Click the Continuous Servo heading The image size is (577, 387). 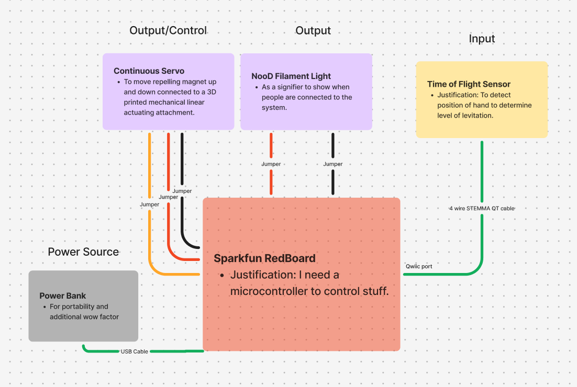pos(149,71)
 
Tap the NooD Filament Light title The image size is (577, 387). pos(291,76)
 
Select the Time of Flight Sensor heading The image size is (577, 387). pos(469,84)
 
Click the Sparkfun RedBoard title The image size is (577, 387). pos(264,258)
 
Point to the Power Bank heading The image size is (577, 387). pos(63,296)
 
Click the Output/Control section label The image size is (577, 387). pos(168,30)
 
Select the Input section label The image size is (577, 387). pos(482,39)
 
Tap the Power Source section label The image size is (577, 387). pos(83,252)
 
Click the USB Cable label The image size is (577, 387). pos(135,351)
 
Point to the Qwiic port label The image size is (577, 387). pos(419,266)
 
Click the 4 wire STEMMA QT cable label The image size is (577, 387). pos(482,208)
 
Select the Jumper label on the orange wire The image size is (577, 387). pos(150,204)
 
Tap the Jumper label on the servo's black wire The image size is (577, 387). pos(182,191)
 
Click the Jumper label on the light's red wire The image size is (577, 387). pos(271,164)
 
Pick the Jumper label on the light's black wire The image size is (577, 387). pos(333,164)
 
